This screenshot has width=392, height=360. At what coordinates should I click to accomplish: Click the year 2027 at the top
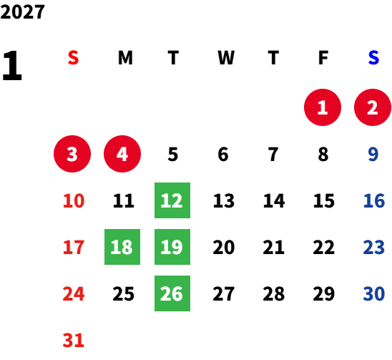click(22, 11)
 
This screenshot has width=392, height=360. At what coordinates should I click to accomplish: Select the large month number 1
click(12, 66)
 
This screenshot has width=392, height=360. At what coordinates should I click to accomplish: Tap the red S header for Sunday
click(73, 58)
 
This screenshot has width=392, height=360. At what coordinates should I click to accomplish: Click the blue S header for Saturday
click(373, 58)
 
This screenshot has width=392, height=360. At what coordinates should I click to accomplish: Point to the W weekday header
click(226, 58)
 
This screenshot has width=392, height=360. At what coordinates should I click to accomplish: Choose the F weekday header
click(323, 58)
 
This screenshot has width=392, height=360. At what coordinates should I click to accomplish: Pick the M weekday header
click(125, 58)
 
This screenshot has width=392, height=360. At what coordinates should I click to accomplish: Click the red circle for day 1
click(323, 107)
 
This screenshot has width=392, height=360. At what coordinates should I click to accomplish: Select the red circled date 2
click(373, 107)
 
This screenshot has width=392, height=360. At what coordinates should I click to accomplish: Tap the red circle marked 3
click(72, 154)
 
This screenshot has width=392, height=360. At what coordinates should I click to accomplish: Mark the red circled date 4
click(122, 154)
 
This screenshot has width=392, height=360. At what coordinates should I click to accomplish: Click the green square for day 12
click(172, 200)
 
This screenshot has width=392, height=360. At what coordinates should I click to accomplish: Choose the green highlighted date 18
click(122, 247)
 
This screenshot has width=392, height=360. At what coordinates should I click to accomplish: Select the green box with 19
click(172, 247)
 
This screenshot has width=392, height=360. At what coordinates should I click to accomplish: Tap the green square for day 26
click(172, 293)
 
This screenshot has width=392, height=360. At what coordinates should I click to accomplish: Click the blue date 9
click(373, 155)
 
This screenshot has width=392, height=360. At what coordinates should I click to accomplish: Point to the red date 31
click(73, 341)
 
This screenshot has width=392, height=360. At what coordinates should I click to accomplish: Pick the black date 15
click(324, 201)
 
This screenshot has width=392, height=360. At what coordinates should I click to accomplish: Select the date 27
click(223, 294)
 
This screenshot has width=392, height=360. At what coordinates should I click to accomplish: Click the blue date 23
click(373, 248)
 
